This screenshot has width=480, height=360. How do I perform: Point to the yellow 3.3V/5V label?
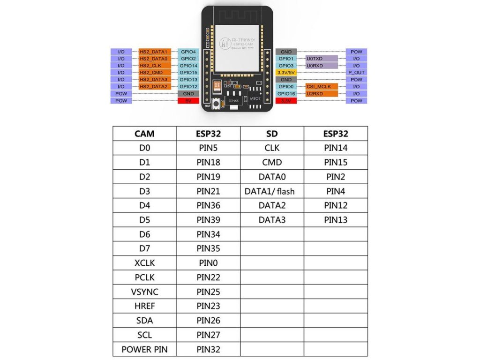click(285, 73)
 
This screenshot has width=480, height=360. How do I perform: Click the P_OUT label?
click(356, 73)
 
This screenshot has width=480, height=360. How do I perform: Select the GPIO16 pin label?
click(285, 94)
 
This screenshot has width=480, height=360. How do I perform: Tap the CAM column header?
click(144, 134)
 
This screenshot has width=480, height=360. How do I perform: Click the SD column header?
click(272, 134)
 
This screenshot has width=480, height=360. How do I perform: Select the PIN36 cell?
click(209, 205)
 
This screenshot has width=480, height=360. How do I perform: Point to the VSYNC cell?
click(144, 292)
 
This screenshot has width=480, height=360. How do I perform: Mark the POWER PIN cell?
click(144, 349)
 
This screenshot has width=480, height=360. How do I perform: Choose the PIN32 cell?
click(209, 349)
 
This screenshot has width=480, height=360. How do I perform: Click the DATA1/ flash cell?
click(272, 191)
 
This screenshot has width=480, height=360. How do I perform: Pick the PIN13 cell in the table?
click(336, 220)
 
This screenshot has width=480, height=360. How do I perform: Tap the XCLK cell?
click(144, 263)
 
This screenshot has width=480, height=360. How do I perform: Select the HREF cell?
click(144, 306)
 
